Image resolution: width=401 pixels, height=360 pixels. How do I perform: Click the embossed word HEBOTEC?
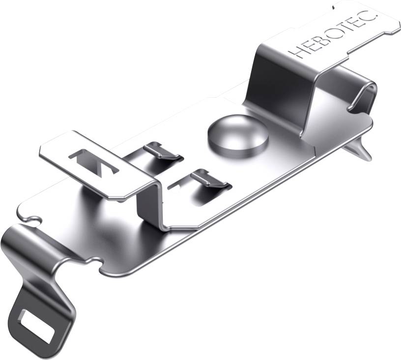click(332, 32)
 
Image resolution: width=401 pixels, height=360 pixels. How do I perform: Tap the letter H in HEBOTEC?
click(295, 51)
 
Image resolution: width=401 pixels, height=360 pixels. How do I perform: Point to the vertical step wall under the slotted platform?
click(147, 206)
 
